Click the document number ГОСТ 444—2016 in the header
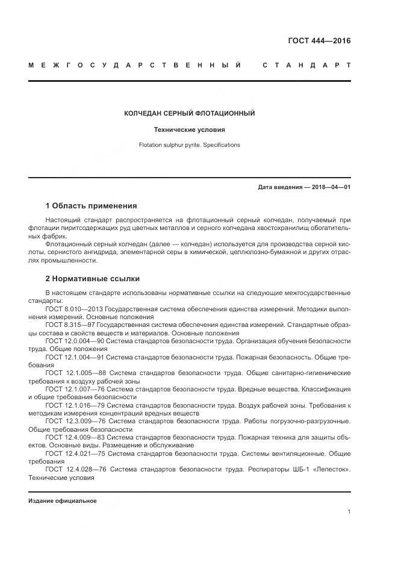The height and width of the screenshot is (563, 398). click(319, 41)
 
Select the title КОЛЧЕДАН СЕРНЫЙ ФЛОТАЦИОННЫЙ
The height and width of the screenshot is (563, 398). click(189, 113)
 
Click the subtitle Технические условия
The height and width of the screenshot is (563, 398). click(189, 129)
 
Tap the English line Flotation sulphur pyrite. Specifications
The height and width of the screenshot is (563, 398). click(189, 145)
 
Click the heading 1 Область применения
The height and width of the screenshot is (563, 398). click(92, 206)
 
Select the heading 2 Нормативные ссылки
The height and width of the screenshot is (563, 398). click(93, 279)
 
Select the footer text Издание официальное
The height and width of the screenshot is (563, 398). click(63, 500)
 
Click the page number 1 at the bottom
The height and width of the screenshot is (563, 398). click(349, 512)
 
